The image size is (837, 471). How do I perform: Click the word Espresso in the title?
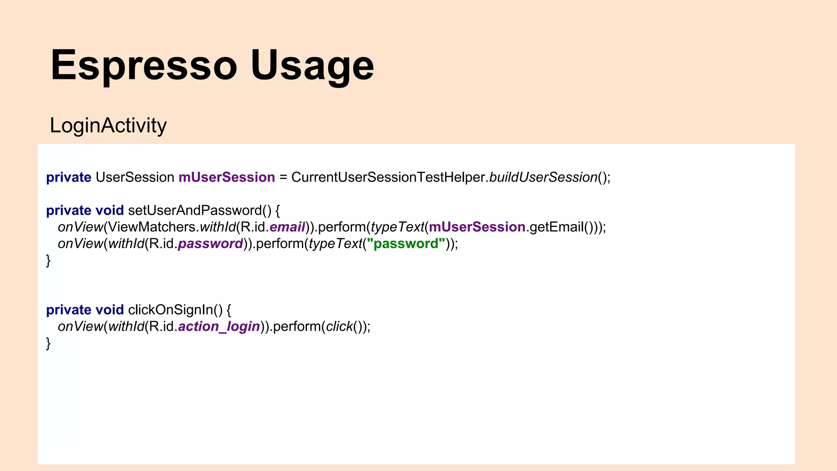(143, 65)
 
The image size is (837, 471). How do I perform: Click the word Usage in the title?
(312, 65)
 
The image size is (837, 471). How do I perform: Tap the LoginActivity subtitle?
(108, 125)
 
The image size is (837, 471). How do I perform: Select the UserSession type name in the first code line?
(135, 177)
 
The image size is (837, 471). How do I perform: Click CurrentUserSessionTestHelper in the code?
(388, 177)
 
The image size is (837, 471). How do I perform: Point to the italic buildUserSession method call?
(543, 177)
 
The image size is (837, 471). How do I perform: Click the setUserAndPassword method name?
(195, 211)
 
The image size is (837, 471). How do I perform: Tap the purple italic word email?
(287, 227)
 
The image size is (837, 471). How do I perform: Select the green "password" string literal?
(406, 244)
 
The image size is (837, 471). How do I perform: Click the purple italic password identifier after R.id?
(210, 244)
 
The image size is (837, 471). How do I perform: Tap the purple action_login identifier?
(219, 327)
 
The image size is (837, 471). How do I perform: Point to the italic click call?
(339, 327)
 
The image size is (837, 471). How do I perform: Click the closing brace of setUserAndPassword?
(48, 260)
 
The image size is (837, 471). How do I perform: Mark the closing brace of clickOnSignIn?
(48, 343)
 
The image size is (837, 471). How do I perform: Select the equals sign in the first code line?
(283, 177)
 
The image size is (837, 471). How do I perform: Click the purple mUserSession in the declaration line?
(227, 177)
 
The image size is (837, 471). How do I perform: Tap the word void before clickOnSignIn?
(110, 310)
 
